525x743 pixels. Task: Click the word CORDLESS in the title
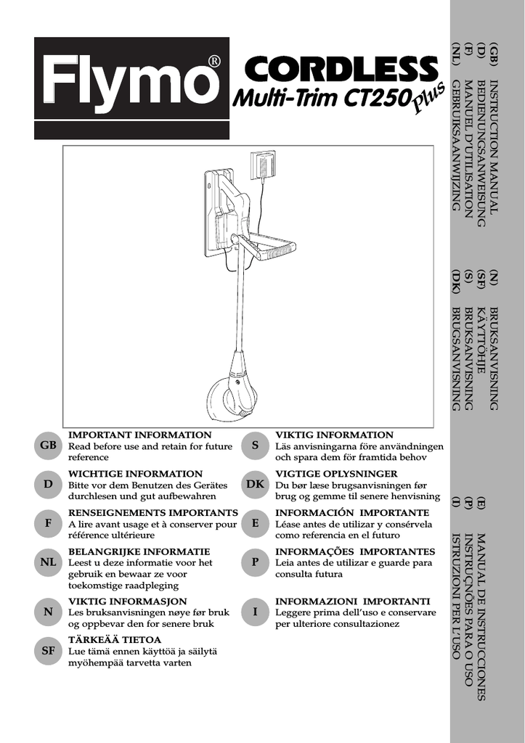[x=341, y=70]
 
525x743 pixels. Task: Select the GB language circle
[x=48, y=446]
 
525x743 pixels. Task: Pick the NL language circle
[x=48, y=562]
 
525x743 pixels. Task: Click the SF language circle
[x=48, y=651]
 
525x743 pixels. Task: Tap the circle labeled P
[x=255, y=562]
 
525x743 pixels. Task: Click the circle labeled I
[x=255, y=612]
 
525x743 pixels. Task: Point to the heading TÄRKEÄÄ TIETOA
[x=114, y=640]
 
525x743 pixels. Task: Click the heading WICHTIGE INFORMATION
[x=135, y=474]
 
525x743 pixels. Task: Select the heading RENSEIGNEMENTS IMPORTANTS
[x=152, y=513]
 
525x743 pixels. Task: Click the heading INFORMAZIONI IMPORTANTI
[x=352, y=602]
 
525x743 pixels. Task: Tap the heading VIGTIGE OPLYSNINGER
[x=336, y=474]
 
